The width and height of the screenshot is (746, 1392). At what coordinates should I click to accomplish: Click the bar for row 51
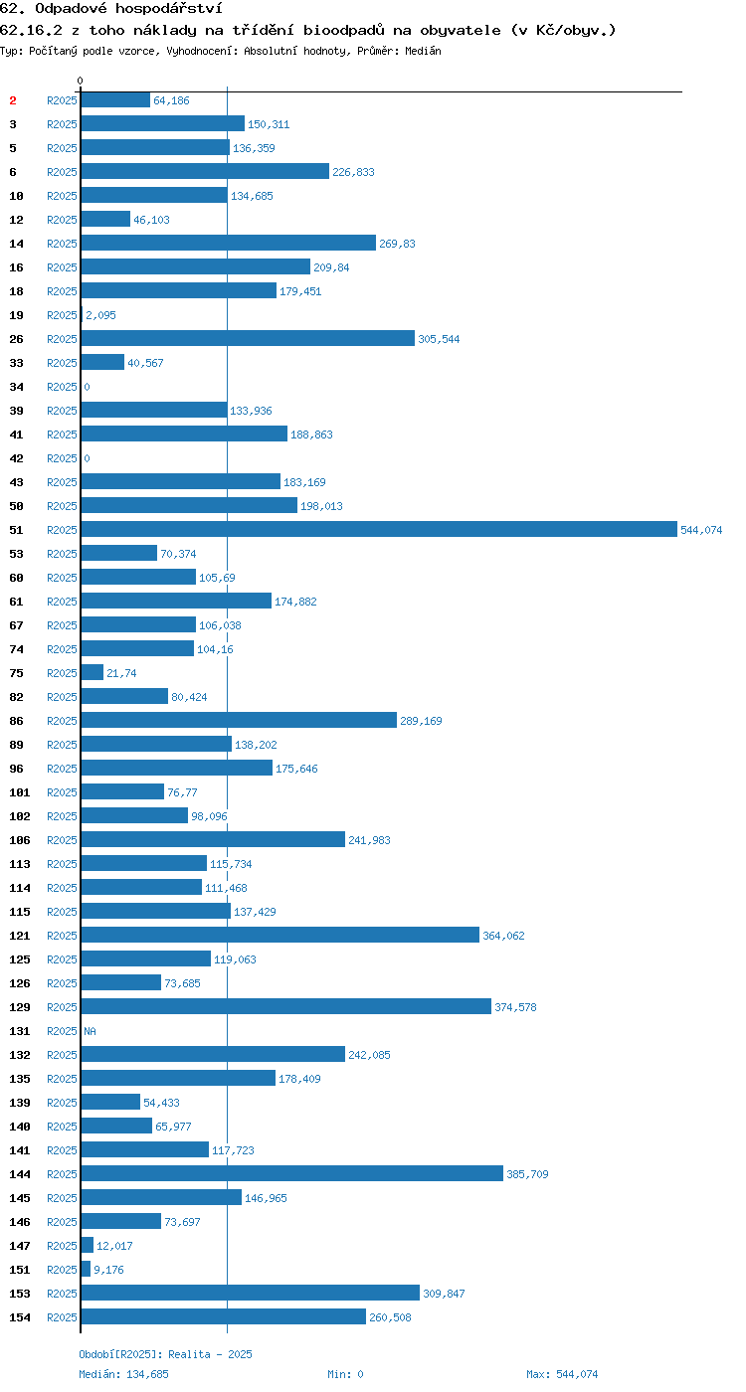tap(379, 529)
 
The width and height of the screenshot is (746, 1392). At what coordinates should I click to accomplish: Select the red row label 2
tap(12, 100)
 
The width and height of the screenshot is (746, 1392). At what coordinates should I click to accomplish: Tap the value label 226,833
tap(353, 172)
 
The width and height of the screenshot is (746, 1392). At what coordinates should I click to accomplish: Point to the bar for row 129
tap(286, 1006)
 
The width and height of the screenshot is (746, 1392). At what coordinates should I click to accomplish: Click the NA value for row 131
tap(91, 1031)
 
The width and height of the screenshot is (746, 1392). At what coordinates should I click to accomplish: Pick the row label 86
tap(16, 721)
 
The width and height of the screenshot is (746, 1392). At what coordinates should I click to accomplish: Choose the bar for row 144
tap(292, 1173)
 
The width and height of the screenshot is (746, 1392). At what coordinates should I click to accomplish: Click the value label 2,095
tap(100, 315)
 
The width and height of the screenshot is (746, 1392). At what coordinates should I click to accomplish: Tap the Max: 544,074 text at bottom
tap(562, 1374)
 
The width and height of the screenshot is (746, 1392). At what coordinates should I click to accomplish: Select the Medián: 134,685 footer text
tap(123, 1374)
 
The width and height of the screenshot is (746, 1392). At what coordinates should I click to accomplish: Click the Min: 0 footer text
tap(345, 1374)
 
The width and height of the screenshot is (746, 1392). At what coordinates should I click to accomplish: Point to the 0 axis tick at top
tap(81, 81)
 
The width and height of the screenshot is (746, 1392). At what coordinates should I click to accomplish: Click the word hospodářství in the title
tap(168, 9)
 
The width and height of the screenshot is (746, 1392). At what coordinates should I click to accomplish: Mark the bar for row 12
tap(105, 219)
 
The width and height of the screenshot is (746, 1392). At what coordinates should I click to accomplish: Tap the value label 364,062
tap(503, 936)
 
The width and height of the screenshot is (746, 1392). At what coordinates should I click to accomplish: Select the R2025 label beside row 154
tap(62, 1317)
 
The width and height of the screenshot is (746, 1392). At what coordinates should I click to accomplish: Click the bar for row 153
tap(251, 1293)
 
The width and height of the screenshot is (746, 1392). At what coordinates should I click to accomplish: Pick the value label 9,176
tap(108, 1270)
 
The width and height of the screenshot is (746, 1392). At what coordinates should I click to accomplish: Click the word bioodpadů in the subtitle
tap(343, 31)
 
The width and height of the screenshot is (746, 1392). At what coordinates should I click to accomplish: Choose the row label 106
tap(19, 840)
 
